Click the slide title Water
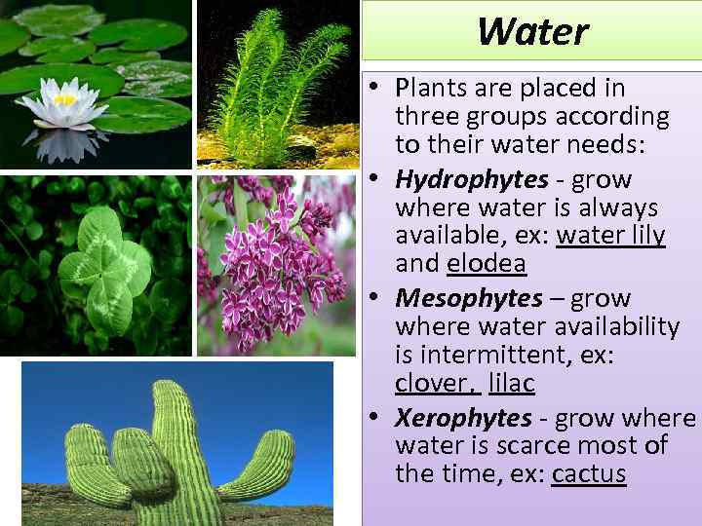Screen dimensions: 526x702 pyautogui.click(x=533, y=31)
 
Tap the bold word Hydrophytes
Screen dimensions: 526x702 pyautogui.click(x=472, y=180)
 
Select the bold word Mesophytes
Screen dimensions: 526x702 pyautogui.click(x=469, y=298)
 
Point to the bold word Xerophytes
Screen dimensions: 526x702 pyautogui.click(x=463, y=419)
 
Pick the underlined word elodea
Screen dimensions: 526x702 pyautogui.click(x=486, y=264)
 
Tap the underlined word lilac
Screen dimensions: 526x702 pyautogui.click(x=512, y=384)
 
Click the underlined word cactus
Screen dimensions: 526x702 pyautogui.click(x=589, y=474)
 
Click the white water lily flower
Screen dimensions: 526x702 pyautogui.click(x=63, y=107)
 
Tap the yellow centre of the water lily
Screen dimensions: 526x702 pyautogui.click(x=64, y=99)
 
